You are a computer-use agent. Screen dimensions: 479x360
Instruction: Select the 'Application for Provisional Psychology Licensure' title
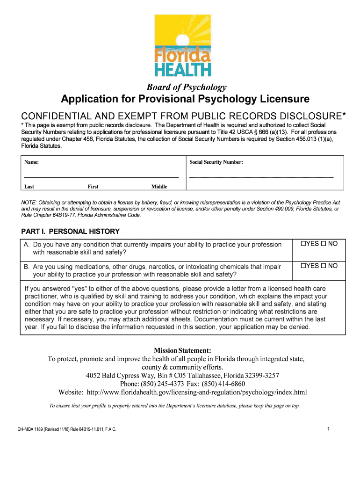tap(185, 99)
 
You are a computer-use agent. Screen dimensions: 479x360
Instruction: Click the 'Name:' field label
tap(31, 162)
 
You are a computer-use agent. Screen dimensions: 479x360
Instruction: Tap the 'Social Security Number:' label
tap(216, 162)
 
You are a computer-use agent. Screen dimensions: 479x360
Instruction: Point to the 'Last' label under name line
tap(29, 187)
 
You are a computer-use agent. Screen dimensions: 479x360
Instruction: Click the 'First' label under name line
tap(93, 187)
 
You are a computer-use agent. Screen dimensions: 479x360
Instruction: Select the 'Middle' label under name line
tap(159, 187)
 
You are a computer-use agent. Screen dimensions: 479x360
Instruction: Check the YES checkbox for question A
tap(303, 244)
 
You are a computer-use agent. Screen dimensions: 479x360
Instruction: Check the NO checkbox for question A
tap(324, 244)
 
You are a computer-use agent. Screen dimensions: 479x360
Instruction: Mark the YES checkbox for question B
tap(303, 266)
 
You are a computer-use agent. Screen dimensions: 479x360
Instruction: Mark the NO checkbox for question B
tap(324, 266)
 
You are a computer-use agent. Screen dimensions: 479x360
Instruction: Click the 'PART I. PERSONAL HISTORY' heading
tap(71, 232)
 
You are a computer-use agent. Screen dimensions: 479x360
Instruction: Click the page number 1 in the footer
tap(329, 429)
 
